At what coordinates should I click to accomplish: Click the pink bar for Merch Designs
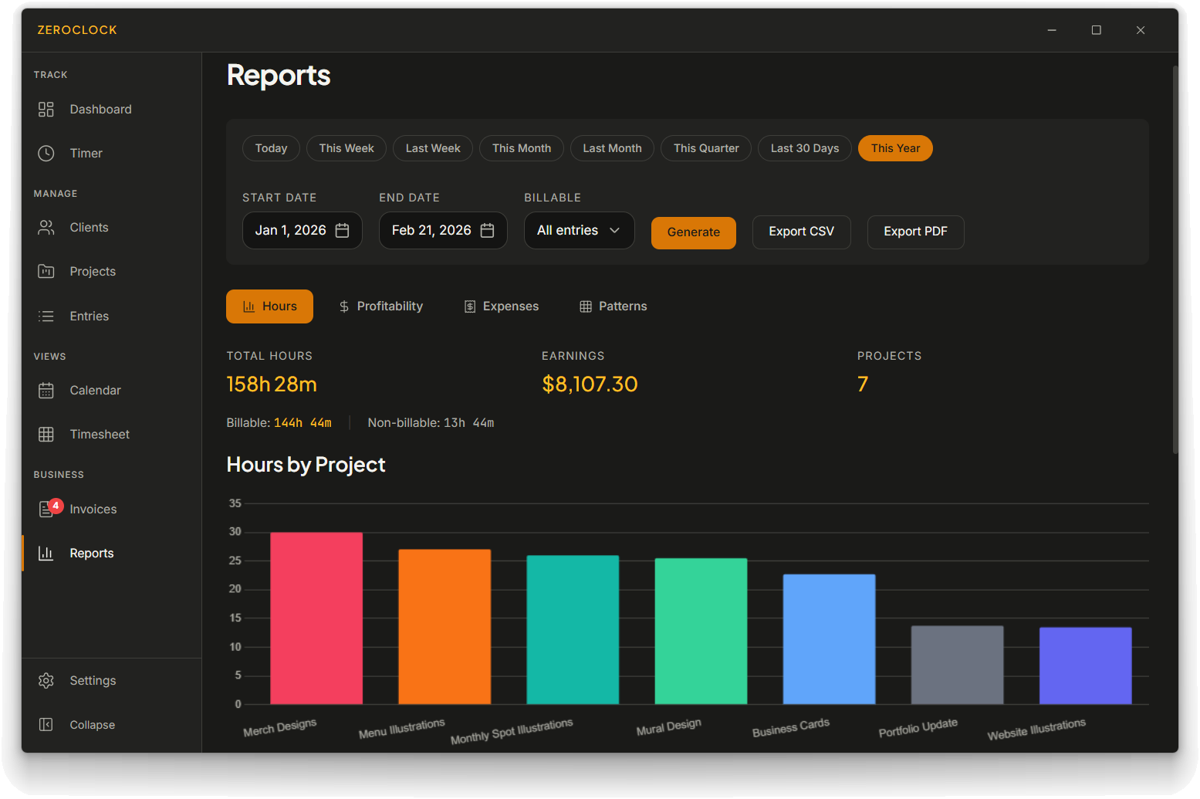click(x=316, y=618)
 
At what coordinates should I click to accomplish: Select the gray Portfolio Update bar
click(x=958, y=665)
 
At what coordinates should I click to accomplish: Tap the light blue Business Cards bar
click(x=830, y=638)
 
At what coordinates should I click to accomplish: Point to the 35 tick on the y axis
click(x=235, y=503)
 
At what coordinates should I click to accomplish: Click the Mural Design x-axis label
click(x=668, y=726)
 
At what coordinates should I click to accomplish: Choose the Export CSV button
click(x=802, y=232)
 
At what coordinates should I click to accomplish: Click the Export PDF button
click(x=915, y=232)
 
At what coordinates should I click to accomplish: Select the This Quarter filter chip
click(x=706, y=148)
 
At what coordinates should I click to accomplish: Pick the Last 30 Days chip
click(x=805, y=148)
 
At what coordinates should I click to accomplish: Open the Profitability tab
click(x=381, y=306)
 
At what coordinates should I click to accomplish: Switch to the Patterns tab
click(x=614, y=306)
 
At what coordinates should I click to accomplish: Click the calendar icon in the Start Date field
click(x=342, y=230)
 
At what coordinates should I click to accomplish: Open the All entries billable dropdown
click(x=579, y=230)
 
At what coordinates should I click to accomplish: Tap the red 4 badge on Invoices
click(x=56, y=506)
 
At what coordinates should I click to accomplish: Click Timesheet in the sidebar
click(x=100, y=434)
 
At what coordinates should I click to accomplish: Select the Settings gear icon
click(x=46, y=681)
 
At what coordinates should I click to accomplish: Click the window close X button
click(x=1141, y=30)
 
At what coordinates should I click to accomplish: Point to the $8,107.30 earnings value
click(x=590, y=384)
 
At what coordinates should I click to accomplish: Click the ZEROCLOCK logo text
click(x=77, y=30)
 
